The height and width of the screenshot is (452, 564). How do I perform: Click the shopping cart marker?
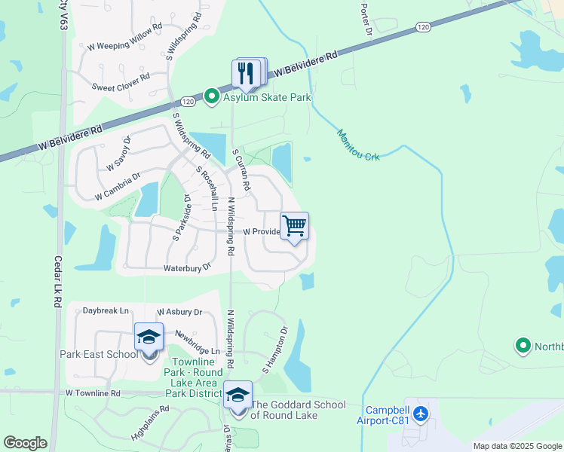click(294, 225)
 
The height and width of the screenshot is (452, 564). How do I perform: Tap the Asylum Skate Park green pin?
click(212, 96)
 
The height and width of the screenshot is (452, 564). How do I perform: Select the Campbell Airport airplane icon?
click(421, 414)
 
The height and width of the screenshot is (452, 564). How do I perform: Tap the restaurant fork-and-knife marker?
click(248, 73)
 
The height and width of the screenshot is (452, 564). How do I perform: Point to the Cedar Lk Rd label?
click(57, 281)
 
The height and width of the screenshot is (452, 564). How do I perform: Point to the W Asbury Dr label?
click(179, 312)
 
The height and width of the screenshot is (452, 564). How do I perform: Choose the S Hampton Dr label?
click(275, 351)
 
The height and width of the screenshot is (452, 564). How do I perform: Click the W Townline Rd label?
click(93, 393)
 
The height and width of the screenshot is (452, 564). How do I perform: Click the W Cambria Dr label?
click(118, 187)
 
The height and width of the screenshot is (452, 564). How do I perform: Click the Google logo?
click(25, 443)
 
